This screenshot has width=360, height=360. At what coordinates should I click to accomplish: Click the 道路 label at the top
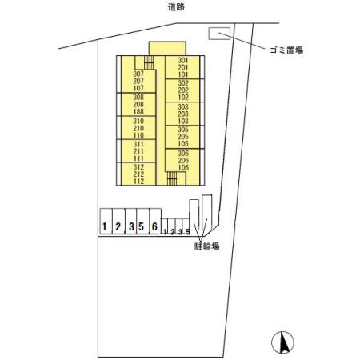coord(178,7)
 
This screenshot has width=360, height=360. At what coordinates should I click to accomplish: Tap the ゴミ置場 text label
coord(287,49)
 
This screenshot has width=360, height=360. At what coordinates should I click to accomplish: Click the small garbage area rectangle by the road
coord(218,33)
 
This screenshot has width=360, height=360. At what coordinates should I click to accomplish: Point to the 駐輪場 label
coord(206,246)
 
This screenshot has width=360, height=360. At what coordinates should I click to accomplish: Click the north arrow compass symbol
coord(282,342)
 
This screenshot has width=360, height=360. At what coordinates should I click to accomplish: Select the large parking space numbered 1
coord(105,227)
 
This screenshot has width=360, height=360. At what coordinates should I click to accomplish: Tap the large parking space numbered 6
coord(154,227)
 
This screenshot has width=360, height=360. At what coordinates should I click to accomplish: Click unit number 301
coord(182,61)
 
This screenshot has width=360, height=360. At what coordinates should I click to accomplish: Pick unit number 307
coord(138,74)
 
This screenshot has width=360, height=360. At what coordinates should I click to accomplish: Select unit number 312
coord(138,167)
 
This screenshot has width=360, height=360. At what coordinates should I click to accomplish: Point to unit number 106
coord(182,167)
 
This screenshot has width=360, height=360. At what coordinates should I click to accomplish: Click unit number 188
coord(138,112)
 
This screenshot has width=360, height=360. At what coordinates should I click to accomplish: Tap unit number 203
coord(182,114)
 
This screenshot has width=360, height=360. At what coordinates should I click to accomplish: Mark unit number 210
coord(138,128)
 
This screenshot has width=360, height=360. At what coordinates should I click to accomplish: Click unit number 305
coord(182,129)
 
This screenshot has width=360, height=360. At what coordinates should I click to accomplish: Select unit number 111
coord(138,158)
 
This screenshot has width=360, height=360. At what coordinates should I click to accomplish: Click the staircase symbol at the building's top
coord(149,62)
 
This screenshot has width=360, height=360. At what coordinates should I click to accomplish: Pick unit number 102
coord(182,98)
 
